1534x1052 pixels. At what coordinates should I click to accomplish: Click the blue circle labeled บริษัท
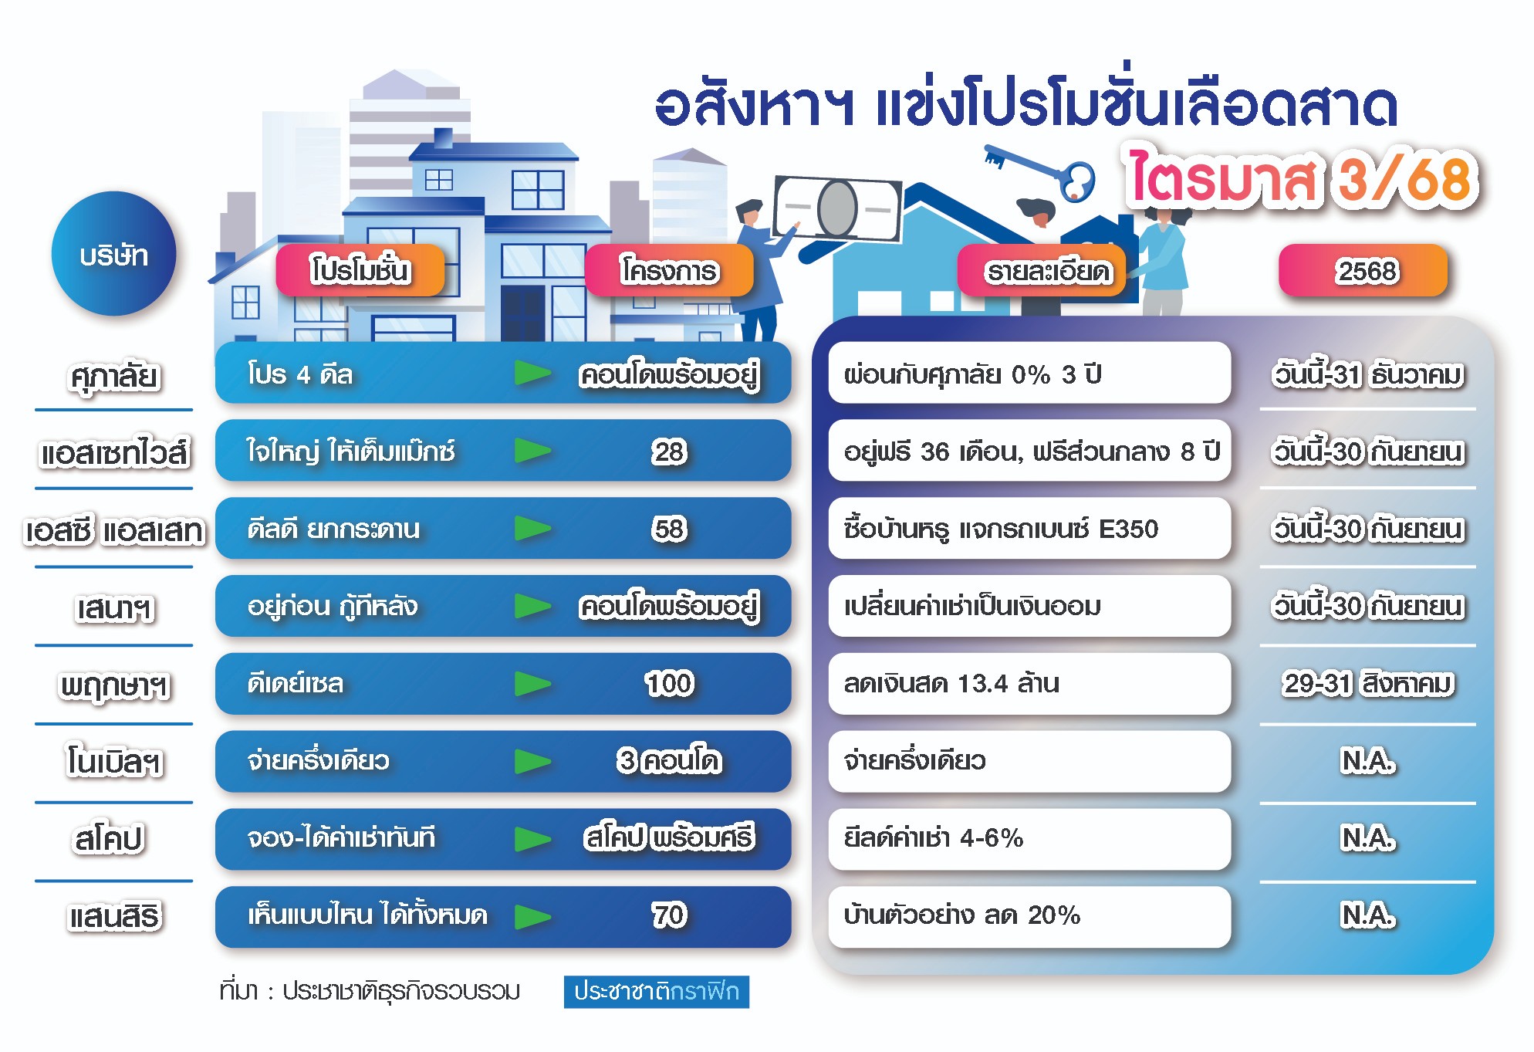tap(114, 254)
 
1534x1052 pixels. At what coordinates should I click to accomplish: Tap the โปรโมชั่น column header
tap(360, 270)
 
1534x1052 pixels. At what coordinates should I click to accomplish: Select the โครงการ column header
tap(669, 270)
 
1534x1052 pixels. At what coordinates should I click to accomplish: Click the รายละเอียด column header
tap(1048, 271)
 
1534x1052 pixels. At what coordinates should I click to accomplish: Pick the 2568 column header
tap(1363, 270)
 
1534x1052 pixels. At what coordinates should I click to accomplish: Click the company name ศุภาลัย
tap(114, 377)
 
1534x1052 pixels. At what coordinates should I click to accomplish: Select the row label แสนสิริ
tap(114, 917)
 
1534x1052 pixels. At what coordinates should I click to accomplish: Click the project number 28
tap(669, 452)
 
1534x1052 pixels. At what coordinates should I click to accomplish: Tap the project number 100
tap(669, 683)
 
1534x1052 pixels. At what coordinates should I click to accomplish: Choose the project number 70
tap(669, 915)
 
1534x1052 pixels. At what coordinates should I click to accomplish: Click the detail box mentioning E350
tap(1029, 529)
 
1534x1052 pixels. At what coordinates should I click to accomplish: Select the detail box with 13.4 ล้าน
tap(1029, 683)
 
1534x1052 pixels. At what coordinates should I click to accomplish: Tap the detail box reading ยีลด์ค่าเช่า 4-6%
tap(1029, 838)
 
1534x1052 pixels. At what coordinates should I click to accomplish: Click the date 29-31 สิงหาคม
tap(1368, 684)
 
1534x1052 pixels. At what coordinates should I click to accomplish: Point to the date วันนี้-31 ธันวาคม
tap(1368, 375)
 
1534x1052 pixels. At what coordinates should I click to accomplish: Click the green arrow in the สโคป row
tap(533, 839)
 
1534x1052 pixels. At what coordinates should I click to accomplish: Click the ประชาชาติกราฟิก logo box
tap(657, 992)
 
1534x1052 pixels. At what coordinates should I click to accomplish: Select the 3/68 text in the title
tap(1407, 178)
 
